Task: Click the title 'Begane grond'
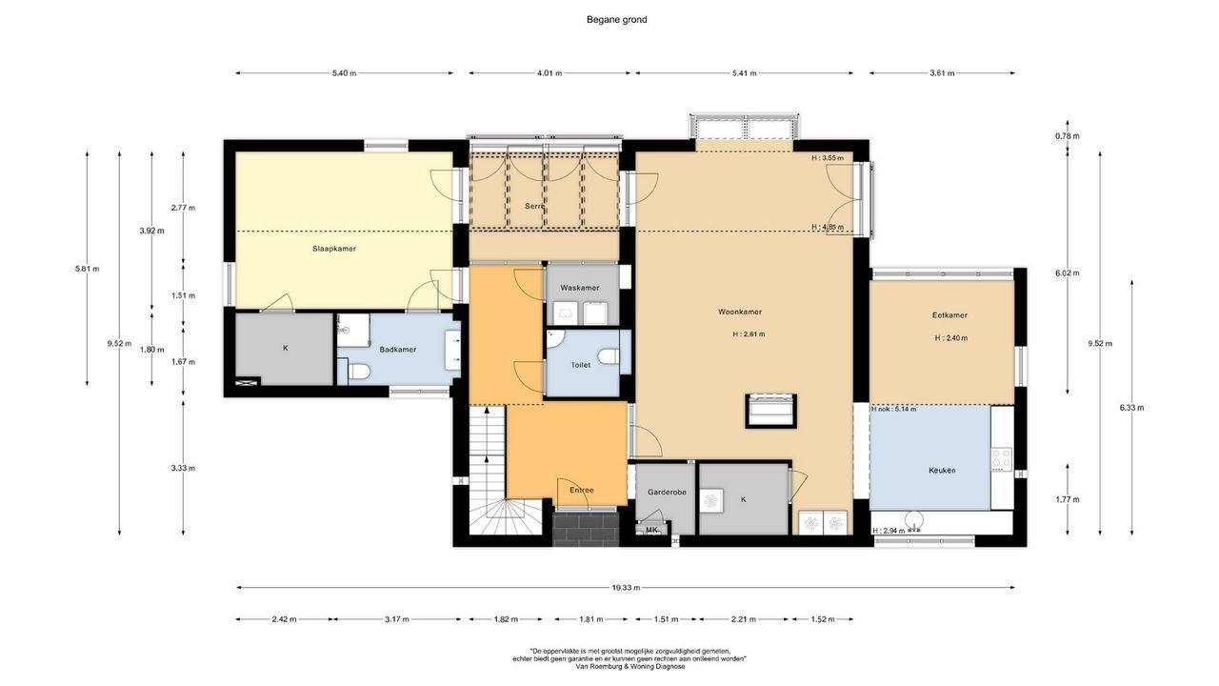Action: [616, 19]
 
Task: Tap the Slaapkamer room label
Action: [333, 249]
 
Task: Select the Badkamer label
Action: [397, 350]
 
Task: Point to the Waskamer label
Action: [579, 288]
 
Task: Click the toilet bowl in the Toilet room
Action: [609, 356]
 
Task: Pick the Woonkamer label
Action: [739, 312]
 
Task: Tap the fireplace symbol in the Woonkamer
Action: [769, 411]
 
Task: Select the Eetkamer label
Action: [949, 315]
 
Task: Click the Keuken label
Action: [941, 471]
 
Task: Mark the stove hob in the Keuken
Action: [1001, 458]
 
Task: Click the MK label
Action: [651, 530]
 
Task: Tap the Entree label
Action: [581, 491]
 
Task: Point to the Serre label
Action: [534, 206]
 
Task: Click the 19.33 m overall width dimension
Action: [625, 588]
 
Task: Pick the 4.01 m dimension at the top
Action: [549, 73]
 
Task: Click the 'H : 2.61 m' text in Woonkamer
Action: [749, 334]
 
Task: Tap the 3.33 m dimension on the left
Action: [183, 468]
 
